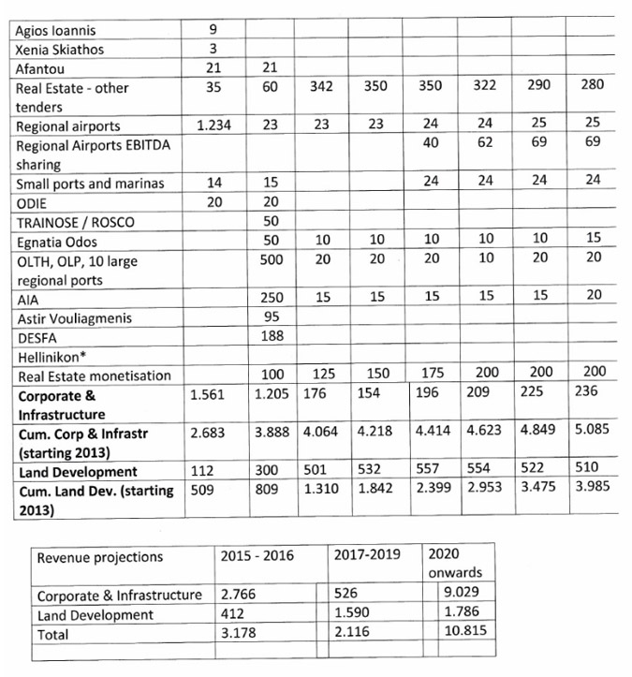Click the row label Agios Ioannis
coord(54,31)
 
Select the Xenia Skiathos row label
coord(59,50)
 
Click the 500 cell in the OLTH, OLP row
coord(271,261)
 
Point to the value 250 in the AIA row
coord(271,299)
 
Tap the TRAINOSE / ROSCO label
coord(74,223)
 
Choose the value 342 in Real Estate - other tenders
coord(322,87)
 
